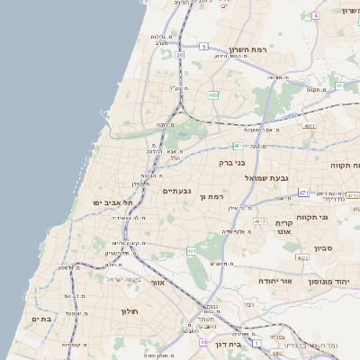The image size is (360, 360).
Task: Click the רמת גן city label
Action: pyautogui.click(x=211, y=195)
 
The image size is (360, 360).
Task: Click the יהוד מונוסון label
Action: pyautogui.click(x=328, y=281)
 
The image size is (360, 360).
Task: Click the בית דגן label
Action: pyautogui.click(x=231, y=343)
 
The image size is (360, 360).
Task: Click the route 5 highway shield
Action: pyautogui.click(x=203, y=46)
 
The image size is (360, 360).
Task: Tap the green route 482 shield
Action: pyautogui.click(x=213, y=94)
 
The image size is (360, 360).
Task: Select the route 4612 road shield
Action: pyautogui.click(x=260, y=220)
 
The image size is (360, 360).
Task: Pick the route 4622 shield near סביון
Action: pyautogui.click(x=302, y=257)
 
